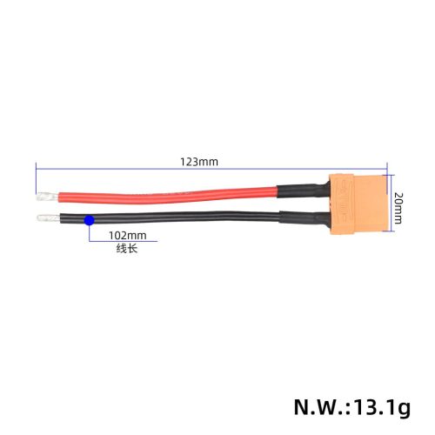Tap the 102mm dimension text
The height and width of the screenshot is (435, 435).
(128, 235)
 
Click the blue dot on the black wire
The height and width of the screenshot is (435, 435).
(89, 222)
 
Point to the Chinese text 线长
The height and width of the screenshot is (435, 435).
(127, 249)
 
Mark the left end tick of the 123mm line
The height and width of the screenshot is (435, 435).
(36, 169)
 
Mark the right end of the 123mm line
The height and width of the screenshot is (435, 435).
(384, 169)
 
